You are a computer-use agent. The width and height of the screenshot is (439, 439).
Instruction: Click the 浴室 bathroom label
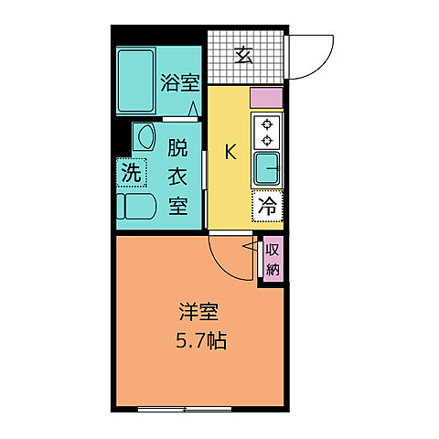pos(179,82)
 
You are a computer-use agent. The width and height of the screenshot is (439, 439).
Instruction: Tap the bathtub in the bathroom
pos(137,81)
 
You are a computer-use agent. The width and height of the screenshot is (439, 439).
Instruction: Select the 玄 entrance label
pos(243,56)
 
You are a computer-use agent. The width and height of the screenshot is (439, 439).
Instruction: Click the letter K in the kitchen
pos(230,153)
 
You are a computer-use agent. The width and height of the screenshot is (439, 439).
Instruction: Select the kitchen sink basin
pos(267,168)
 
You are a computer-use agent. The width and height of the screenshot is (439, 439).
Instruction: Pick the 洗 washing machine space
pos(132,172)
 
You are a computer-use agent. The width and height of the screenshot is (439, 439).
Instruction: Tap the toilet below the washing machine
pos(138,205)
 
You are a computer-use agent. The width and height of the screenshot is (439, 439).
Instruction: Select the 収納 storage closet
pos(273,259)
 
